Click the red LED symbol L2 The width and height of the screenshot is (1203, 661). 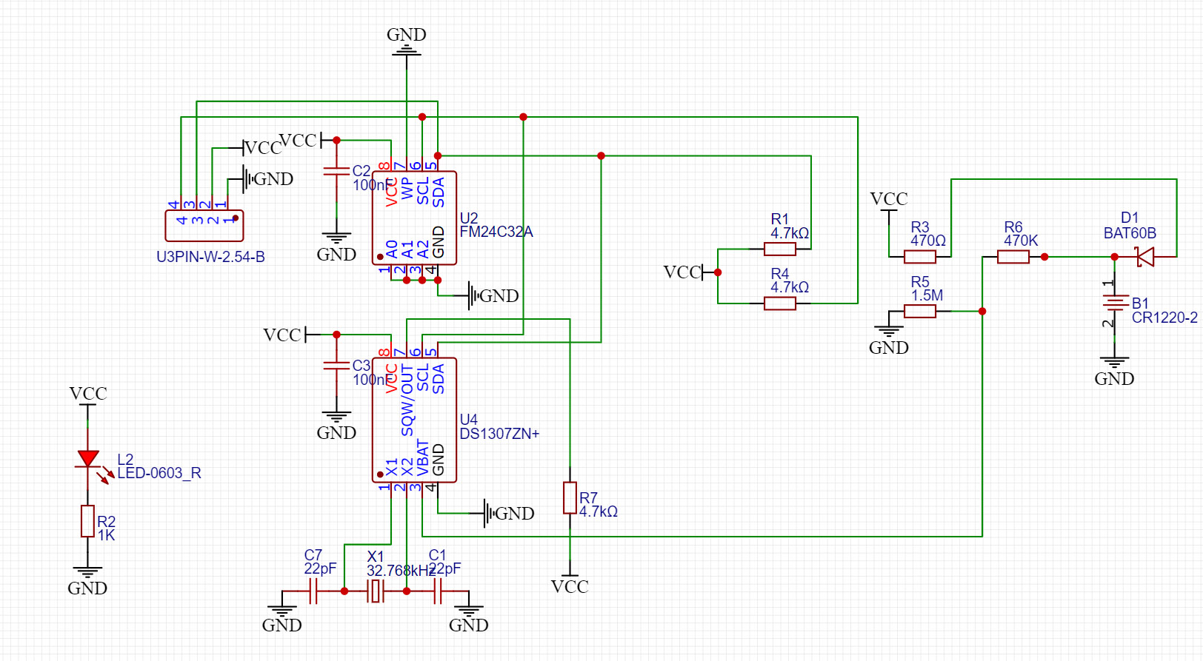click(88, 459)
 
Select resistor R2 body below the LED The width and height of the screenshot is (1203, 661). click(87, 521)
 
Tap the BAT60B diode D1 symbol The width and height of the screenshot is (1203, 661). click(1145, 257)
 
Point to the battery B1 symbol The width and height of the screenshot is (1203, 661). click(1114, 303)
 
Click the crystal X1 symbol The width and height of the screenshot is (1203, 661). click(376, 591)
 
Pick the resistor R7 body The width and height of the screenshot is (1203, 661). click(570, 497)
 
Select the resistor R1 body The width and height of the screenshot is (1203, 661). click(780, 249)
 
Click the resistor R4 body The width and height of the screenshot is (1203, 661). click(780, 303)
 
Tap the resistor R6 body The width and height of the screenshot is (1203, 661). click(1013, 257)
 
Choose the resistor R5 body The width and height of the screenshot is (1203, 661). click(920, 312)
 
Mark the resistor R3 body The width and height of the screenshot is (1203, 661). click(920, 257)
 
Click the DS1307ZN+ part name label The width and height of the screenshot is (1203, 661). click(499, 434)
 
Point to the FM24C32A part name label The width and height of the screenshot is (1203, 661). click(496, 232)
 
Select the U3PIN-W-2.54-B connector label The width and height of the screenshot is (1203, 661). click(210, 257)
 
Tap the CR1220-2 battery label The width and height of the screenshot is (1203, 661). click(1164, 318)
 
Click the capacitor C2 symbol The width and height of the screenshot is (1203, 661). click(336, 172)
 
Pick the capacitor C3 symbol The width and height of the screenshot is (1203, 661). click(336, 366)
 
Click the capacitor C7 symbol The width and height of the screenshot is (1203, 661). click(313, 591)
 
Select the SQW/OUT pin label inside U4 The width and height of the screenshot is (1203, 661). click(407, 400)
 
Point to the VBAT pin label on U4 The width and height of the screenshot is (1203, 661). click(423, 457)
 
